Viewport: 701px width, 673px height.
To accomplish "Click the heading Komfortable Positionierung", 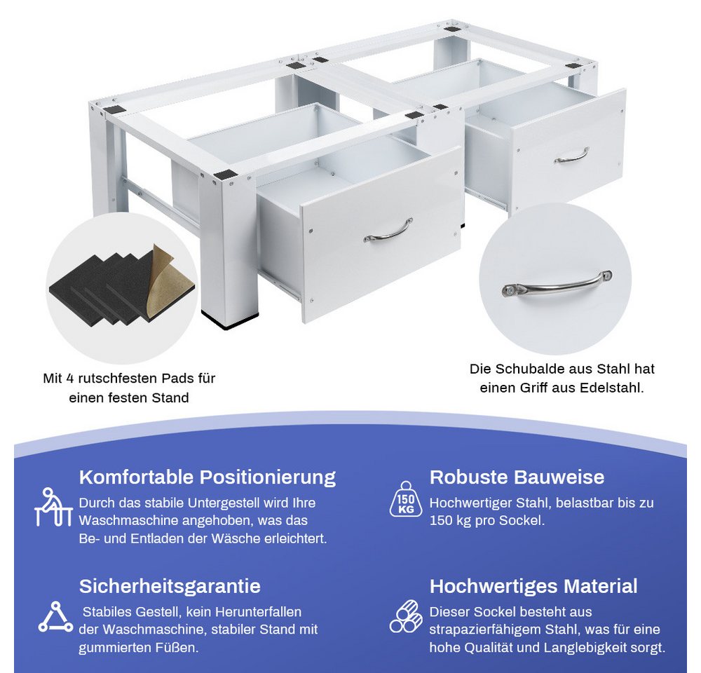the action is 207,477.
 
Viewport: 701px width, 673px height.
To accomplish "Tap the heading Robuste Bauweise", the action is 517,477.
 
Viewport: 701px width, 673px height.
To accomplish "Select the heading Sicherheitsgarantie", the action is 170,586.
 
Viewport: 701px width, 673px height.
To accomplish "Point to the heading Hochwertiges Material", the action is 533,586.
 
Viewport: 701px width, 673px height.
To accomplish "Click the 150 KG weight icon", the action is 405,499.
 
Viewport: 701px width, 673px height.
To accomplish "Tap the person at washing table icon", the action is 53,507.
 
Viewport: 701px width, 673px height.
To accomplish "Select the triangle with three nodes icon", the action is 55,617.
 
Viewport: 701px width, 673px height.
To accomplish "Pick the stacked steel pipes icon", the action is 405,617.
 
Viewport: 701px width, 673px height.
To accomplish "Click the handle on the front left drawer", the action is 388,231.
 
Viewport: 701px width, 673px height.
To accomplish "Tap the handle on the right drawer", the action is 572,155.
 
